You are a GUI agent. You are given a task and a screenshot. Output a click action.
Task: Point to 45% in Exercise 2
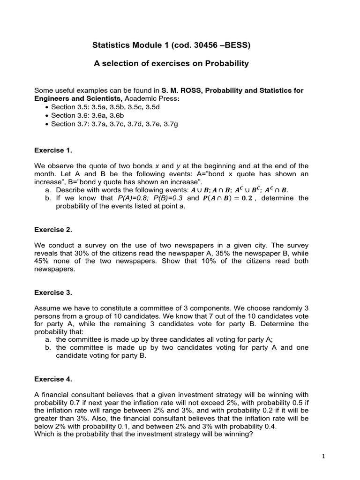tap(42, 261)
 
